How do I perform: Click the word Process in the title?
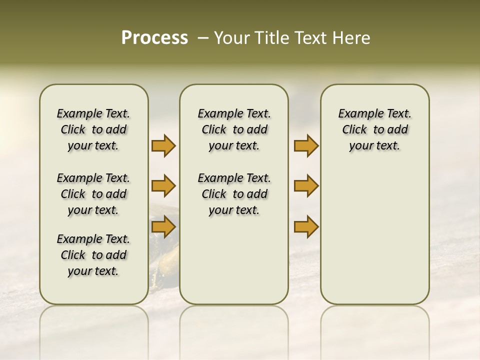pos(154,38)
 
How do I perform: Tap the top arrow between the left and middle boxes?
pos(163,146)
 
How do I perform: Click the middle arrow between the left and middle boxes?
pos(163,186)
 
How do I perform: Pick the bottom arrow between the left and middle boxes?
pos(163,227)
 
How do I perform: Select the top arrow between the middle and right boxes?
pos(306,146)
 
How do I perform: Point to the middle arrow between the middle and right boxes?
pos(306,186)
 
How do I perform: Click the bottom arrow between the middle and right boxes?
pos(306,227)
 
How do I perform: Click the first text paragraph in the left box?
pos(93,129)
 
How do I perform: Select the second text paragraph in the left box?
pos(93,194)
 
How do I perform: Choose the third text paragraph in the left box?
pos(93,255)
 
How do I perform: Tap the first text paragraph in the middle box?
pos(234,129)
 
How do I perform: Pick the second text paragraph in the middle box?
pos(234,194)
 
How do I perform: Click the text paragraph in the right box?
pos(374,129)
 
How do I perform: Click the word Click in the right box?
pos(354,130)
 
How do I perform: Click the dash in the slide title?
pos(203,38)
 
